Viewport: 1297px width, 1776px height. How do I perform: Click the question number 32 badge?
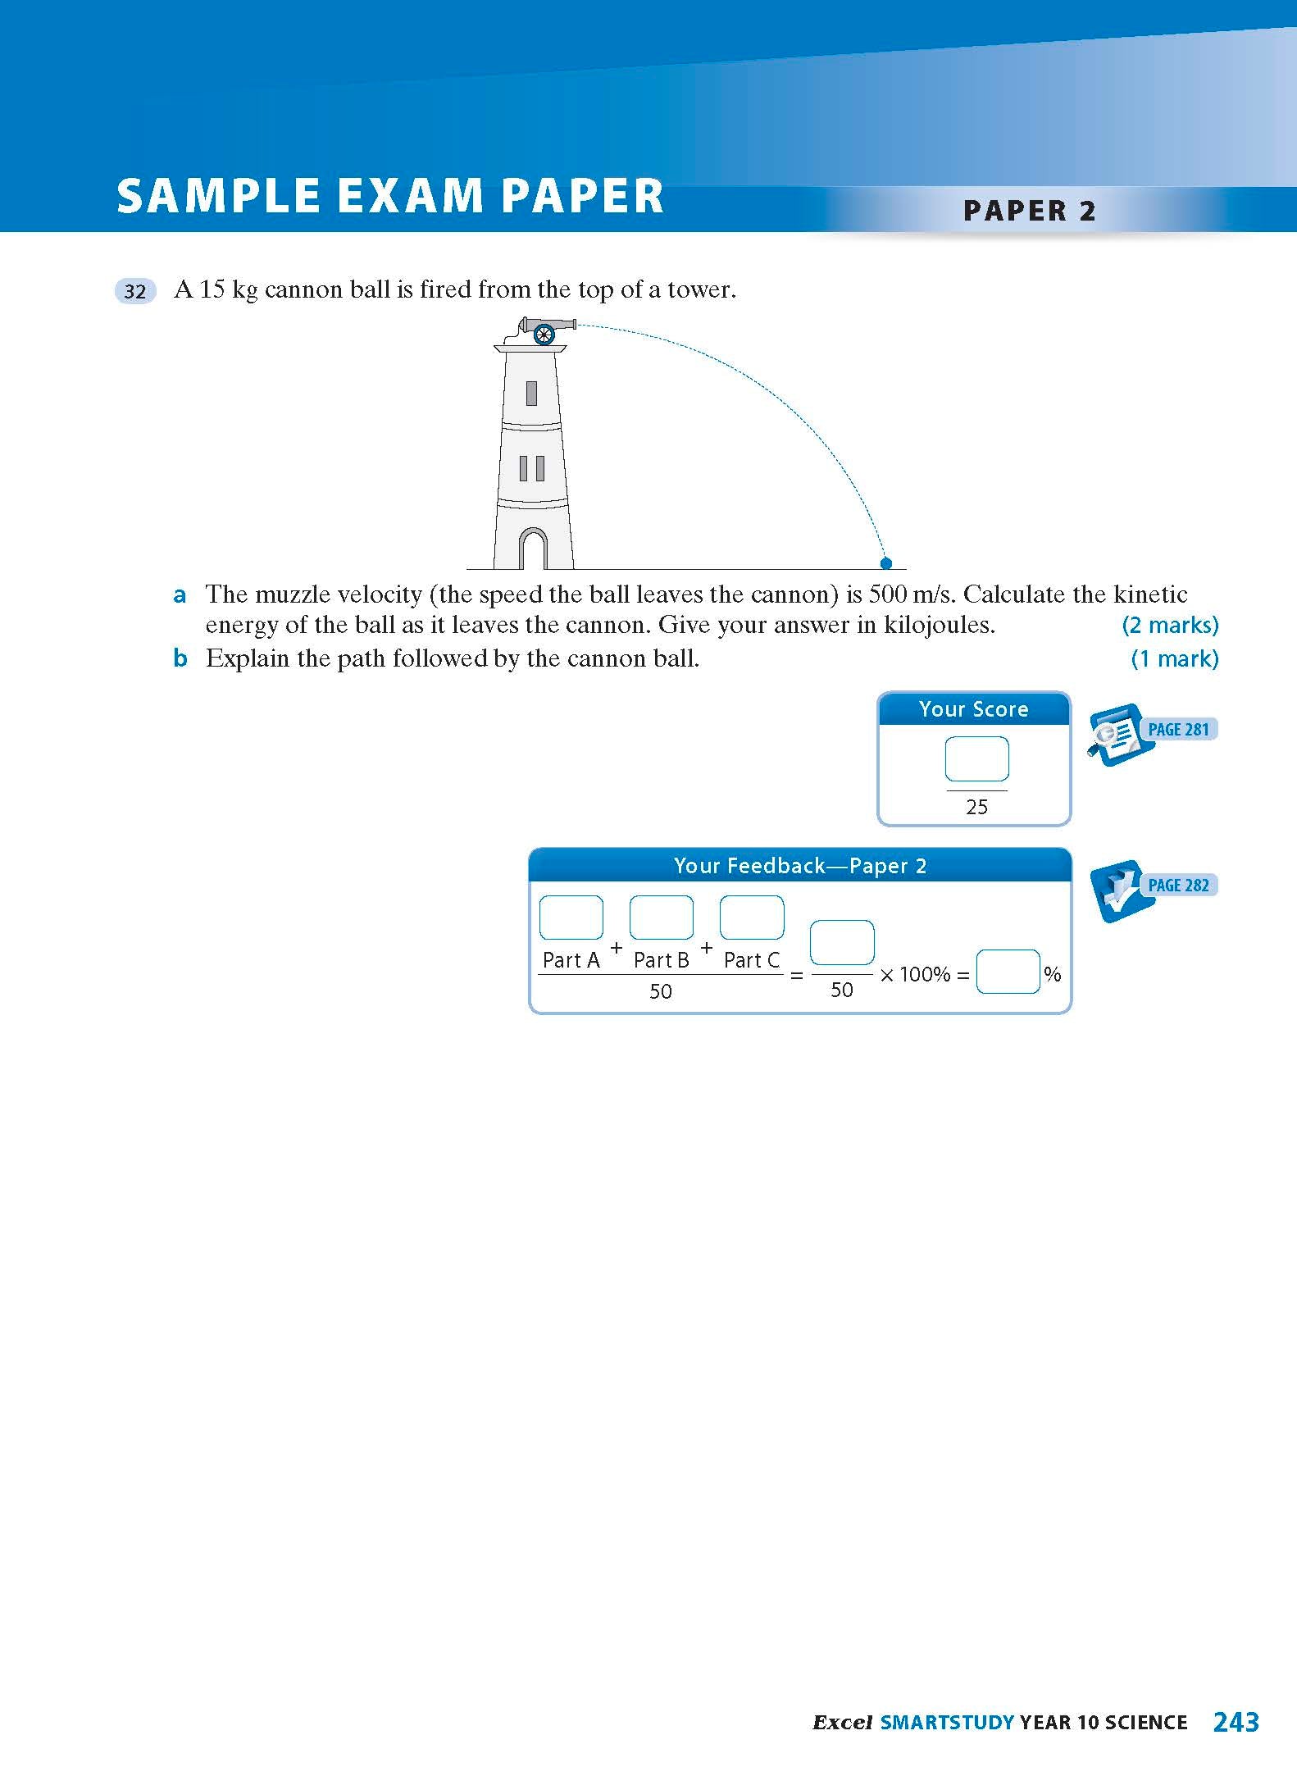point(135,291)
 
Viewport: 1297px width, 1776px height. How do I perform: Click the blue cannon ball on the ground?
point(885,563)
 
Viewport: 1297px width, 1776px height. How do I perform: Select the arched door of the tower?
point(533,549)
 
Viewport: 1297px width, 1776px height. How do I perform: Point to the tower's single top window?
point(531,394)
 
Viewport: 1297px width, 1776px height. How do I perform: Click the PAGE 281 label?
point(1178,730)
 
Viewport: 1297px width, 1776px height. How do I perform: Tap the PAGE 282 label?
point(1178,886)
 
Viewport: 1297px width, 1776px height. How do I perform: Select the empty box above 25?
point(976,759)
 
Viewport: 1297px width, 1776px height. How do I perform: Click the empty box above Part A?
point(571,918)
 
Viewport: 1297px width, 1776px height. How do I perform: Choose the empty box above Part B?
point(661,918)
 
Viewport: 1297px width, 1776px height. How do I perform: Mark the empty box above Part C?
point(751,918)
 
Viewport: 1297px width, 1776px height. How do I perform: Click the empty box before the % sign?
point(1008,972)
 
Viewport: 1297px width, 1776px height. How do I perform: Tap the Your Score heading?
point(973,709)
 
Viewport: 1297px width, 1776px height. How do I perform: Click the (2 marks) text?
point(1170,626)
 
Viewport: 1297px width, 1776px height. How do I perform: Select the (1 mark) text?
point(1174,658)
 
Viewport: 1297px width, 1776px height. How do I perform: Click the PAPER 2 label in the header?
point(1029,211)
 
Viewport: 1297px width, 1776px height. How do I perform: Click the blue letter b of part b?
point(180,658)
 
